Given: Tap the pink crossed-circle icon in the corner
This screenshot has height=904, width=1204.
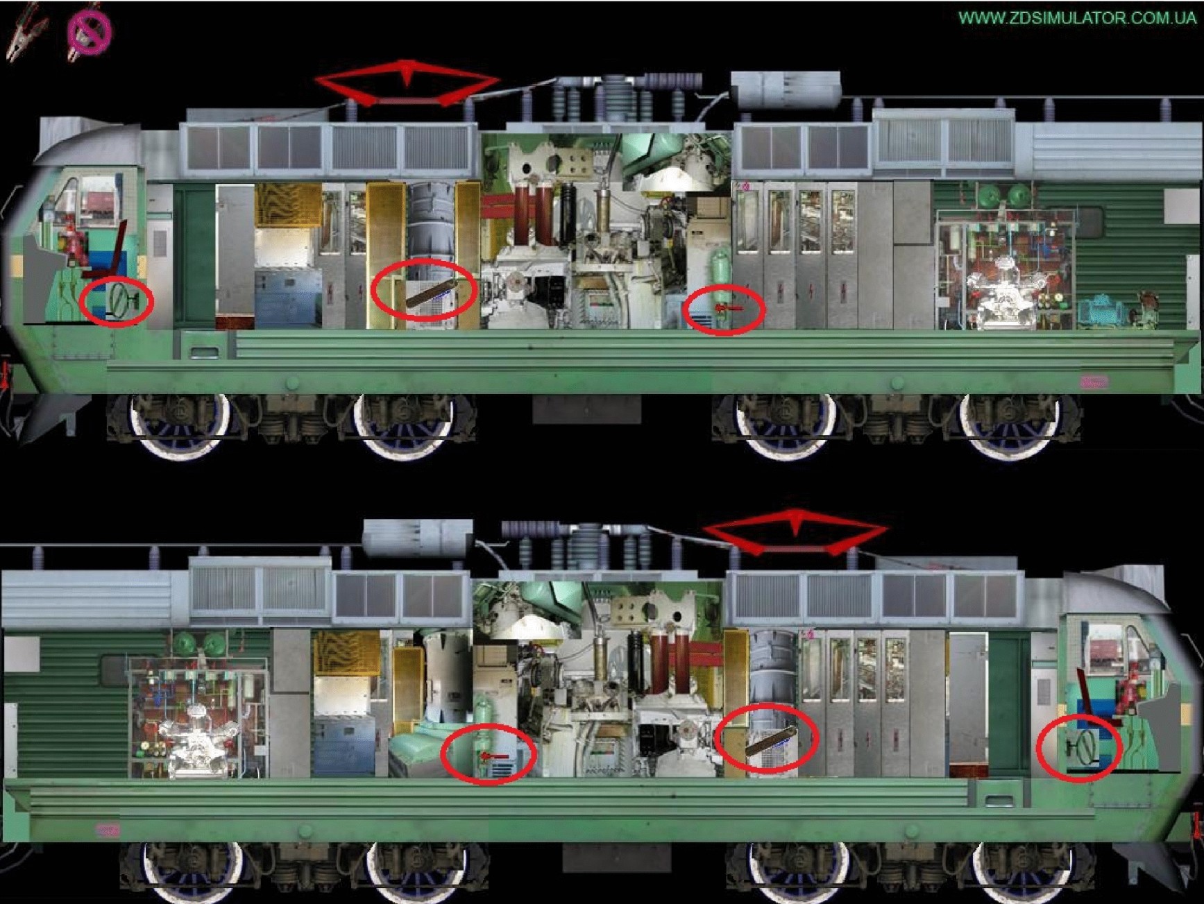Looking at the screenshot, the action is [x=89, y=30].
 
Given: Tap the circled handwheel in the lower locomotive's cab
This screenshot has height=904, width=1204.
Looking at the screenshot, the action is [x=1083, y=748].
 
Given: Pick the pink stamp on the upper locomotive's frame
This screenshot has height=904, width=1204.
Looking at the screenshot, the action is [x=1094, y=382].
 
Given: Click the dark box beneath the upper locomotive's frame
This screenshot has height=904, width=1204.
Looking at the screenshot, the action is [x=587, y=408].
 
